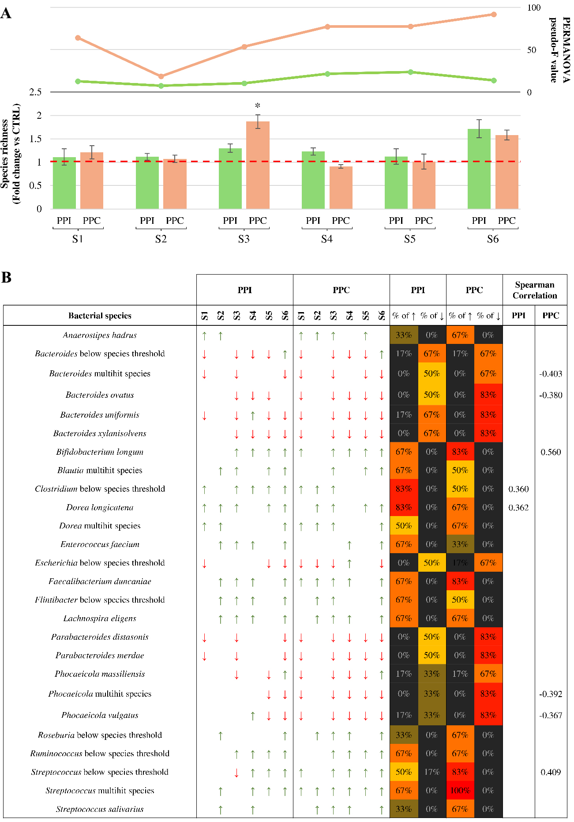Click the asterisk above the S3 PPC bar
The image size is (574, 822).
point(258,106)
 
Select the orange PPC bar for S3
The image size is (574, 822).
point(258,165)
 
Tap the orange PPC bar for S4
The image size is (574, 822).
point(341,188)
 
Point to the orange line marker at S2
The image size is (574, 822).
point(161,76)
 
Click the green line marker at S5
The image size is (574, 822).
point(410,72)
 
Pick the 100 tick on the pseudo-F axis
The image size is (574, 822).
point(533,8)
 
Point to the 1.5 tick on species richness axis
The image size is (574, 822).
point(35,139)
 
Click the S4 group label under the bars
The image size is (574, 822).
point(327,239)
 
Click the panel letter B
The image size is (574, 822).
point(7,277)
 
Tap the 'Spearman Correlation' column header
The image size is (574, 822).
point(535,290)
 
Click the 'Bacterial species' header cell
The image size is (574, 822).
point(100,316)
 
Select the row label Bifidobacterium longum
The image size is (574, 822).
point(100,452)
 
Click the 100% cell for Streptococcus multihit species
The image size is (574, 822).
point(460,790)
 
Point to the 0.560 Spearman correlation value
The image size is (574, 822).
point(551,452)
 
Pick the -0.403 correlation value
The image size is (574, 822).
point(551,374)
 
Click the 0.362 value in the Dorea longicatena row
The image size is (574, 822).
point(518,508)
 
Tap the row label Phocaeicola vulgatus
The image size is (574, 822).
point(100,715)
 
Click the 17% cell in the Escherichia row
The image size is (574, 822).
point(460,563)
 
